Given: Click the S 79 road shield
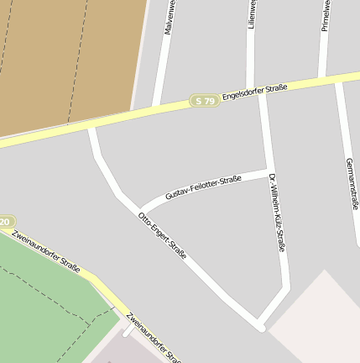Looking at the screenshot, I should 204,101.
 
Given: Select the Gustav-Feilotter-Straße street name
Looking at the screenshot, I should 203,187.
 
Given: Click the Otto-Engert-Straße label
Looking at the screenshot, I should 162,234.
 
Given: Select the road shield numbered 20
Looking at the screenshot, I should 5,222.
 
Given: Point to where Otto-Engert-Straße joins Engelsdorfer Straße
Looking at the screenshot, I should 92,128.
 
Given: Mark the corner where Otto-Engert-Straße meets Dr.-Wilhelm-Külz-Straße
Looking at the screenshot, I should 260,326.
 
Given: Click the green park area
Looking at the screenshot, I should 42,311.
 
